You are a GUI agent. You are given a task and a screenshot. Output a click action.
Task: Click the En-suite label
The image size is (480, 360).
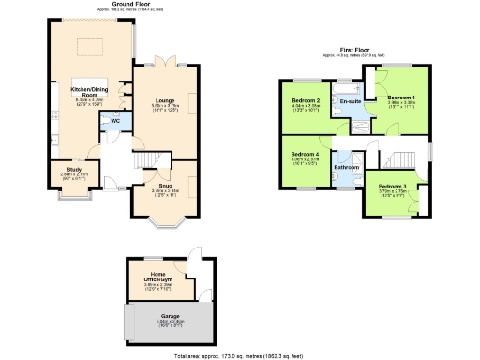pos(352,100)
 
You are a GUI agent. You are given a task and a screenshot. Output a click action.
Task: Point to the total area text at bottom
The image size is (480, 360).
pos(239,356)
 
